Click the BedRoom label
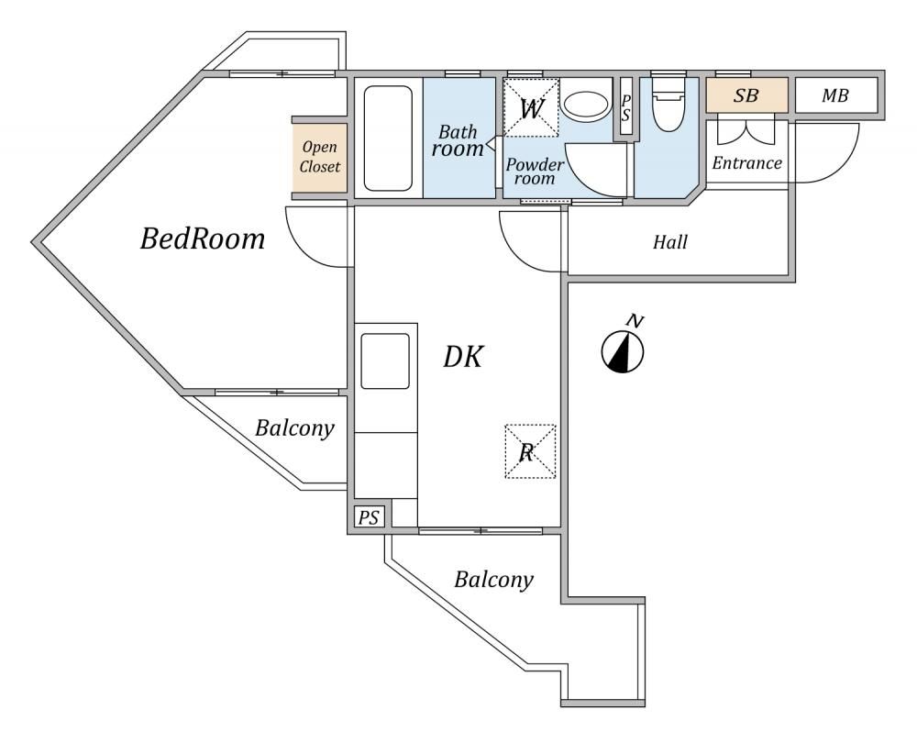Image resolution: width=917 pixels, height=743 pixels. point(203,240)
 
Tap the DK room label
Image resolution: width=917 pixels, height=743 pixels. point(463,356)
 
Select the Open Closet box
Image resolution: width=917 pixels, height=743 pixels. point(320,158)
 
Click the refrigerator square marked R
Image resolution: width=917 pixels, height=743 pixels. point(529,451)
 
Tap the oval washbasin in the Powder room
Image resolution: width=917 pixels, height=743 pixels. point(584,103)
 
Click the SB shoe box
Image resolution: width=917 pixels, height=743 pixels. point(746,95)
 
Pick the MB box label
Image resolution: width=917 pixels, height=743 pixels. point(834,95)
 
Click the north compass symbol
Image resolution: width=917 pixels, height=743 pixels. point(624,350)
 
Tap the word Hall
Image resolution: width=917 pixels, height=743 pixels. point(670,243)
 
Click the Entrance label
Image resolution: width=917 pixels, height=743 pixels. point(747,164)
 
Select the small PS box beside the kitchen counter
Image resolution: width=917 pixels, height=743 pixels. point(369,518)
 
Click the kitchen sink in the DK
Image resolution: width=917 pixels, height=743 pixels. point(385,360)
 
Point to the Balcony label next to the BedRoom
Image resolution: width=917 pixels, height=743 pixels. point(294,428)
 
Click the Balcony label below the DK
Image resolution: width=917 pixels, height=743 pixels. point(494,580)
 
